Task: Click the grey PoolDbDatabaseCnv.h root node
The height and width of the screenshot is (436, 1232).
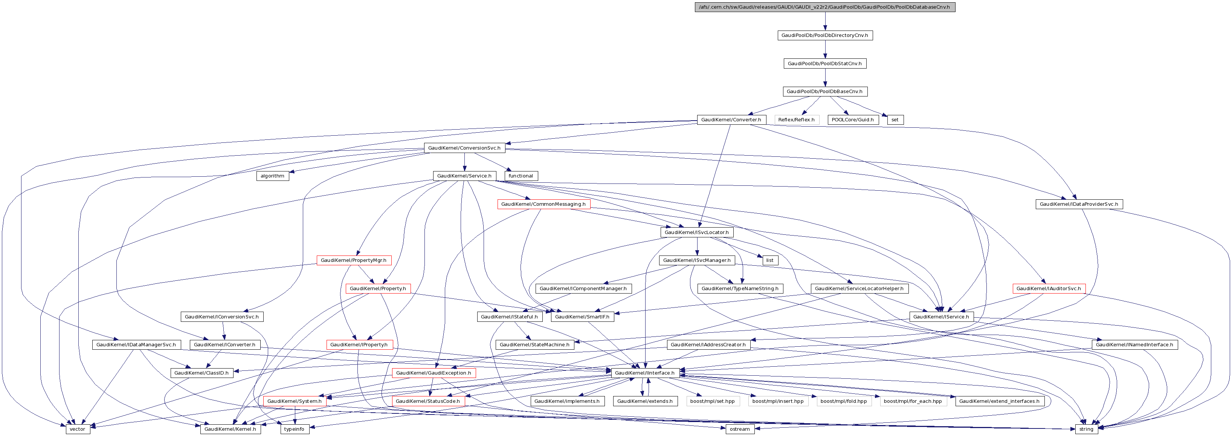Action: [x=824, y=7]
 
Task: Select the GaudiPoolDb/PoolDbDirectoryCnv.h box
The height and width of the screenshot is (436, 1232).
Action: [x=824, y=35]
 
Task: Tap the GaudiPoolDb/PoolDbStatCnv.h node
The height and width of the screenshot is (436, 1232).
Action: [x=824, y=64]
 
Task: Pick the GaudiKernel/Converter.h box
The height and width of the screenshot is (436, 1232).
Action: [x=731, y=120]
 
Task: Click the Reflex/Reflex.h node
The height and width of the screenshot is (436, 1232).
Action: [x=796, y=120]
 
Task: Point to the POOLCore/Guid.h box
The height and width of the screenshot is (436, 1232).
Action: [x=852, y=120]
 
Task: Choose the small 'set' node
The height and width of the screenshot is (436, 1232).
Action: [x=895, y=120]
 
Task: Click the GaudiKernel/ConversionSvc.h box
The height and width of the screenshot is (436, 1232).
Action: [x=464, y=148]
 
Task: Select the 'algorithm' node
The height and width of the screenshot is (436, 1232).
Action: [x=272, y=176]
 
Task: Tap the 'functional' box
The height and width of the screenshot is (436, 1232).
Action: [x=521, y=176]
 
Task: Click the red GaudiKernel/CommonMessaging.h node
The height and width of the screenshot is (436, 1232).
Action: [x=543, y=204]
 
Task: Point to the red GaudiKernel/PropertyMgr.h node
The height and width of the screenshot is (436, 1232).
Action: [x=353, y=260]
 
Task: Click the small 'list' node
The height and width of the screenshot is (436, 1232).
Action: [x=769, y=260]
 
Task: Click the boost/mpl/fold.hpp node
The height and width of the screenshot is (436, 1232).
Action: [x=843, y=401]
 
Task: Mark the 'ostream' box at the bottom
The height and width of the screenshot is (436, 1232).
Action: [x=739, y=429]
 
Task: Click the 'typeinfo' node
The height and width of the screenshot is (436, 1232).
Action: [x=294, y=429]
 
